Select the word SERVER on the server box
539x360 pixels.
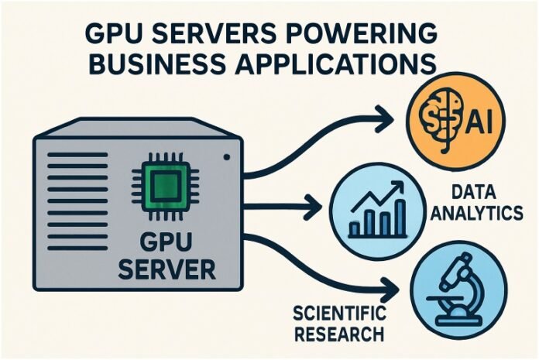[x=173, y=269]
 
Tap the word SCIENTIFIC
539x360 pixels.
[x=338, y=315]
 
